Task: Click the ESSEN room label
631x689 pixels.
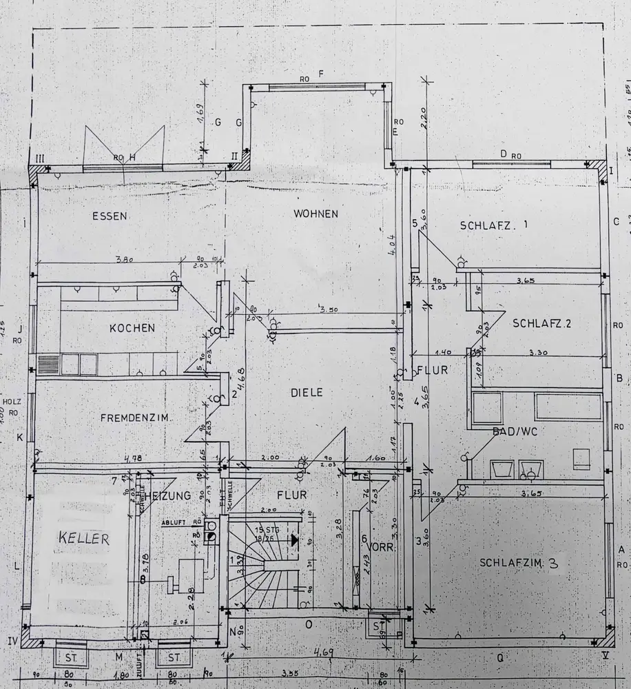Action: coord(110,216)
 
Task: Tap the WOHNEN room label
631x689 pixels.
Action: coord(315,214)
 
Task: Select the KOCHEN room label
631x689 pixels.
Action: coord(132,328)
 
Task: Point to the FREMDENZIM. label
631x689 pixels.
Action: coord(136,418)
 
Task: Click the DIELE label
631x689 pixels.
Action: coord(307,392)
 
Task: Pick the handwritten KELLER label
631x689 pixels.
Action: coord(83,538)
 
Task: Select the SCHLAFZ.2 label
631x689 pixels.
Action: coord(543,323)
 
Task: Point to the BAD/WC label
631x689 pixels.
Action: coord(515,431)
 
